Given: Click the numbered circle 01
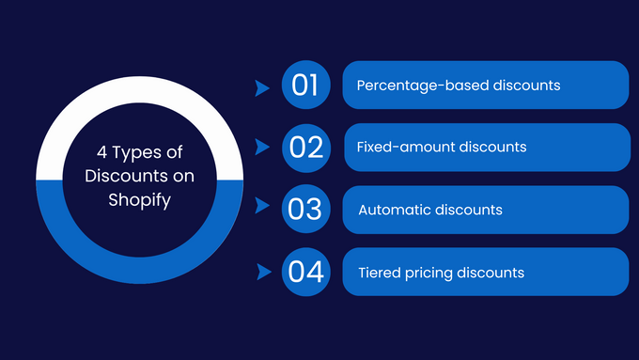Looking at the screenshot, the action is [x=305, y=86].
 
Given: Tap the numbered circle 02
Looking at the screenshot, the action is [x=305, y=148].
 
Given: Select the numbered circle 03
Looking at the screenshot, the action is [x=305, y=210].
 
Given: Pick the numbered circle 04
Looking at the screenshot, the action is [x=305, y=273].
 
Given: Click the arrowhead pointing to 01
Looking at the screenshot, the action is [x=262, y=87].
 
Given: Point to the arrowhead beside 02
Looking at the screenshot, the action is [x=262, y=149].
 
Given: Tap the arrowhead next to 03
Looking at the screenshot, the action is [x=262, y=211].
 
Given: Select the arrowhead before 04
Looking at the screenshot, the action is [x=262, y=273].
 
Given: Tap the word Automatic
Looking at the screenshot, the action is [x=394, y=211].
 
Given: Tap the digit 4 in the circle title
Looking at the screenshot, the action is [x=101, y=152].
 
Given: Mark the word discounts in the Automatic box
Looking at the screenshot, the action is [x=469, y=211].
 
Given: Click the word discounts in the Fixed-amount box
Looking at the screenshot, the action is [x=493, y=148].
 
